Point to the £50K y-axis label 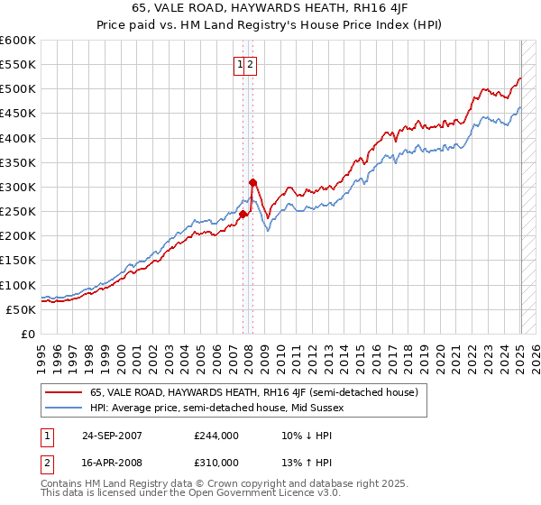pyautogui.click(x=21, y=309)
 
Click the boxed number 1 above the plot pyautogui.click(x=241, y=64)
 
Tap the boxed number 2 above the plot pyautogui.click(x=252, y=64)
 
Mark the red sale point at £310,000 pyautogui.click(x=252, y=182)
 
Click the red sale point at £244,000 pyautogui.click(x=243, y=214)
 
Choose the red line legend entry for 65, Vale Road pyautogui.click(x=253, y=392)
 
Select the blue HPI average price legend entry pyautogui.click(x=216, y=408)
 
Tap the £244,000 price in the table pyautogui.click(x=216, y=436)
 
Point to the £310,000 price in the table pyautogui.click(x=216, y=464)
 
